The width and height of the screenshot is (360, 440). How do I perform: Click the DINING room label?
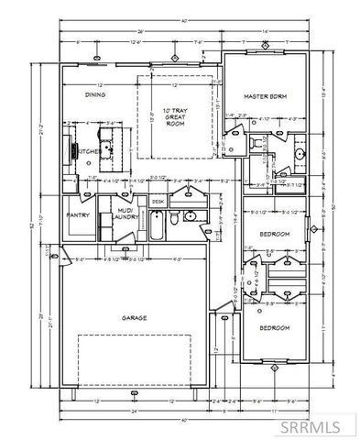pyautogui.click(x=95, y=93)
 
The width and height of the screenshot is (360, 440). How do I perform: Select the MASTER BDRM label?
pyautogui.click(x=266, y=95)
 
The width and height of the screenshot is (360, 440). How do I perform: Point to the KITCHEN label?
pyautogui.click(x=88, y=151)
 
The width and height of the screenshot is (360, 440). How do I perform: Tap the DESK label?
pyautogui.click(x=158, y=201)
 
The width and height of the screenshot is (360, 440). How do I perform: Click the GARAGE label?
pyautogui.click(x=136, y=318)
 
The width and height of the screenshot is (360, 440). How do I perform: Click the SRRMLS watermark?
pyautogui.click(x=317, y=424)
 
